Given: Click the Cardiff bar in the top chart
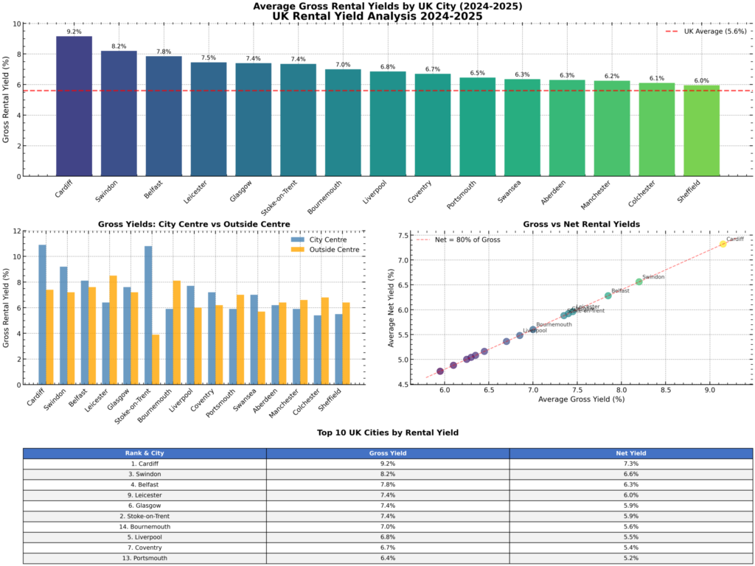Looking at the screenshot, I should [x=74, y=106].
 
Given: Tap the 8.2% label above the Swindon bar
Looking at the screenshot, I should [x=119, y=45].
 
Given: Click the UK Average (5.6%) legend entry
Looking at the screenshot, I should [x=706, y=31].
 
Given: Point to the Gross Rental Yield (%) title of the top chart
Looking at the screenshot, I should [x=7, y=99].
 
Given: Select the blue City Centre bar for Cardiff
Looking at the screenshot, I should [x=43, y=314].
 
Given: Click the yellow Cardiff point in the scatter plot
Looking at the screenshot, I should [x=723, y=244].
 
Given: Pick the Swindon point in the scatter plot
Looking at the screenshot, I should [x=639, y=282].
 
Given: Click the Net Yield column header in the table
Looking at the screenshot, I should [x=630, y=453].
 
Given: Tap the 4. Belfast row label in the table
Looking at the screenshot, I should [x=145, y=485].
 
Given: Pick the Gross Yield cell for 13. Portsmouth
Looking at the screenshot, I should [x=387, y=558].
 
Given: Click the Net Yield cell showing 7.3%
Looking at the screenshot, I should [x=630, y=464].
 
